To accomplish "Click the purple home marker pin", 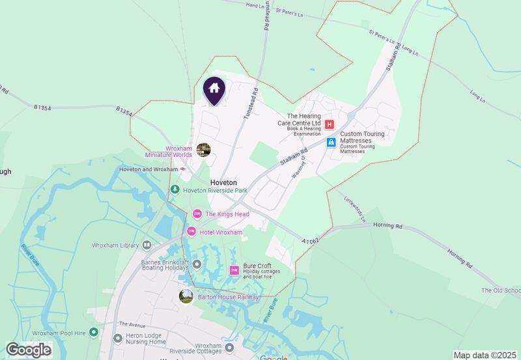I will pyautogui.click(x=214, y=90).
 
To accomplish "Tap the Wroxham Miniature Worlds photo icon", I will pyautogui.click(x=204, y=150).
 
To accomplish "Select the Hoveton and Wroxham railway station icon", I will pyautogui.click(x=184, y=169).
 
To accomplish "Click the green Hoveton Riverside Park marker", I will pyautogui.click(x=175, y=189).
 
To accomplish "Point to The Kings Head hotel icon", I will pyautogui.click(x=197, y=214).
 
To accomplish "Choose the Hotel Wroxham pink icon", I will pyautogui.click(x=191, y=232).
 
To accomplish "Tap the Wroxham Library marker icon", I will pyautogui.click(x=147, y=245).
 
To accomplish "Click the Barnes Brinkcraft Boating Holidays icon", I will pyautogui.click(x=197, y=264).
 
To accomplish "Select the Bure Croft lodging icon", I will pyautogui.click(x=234, y=270).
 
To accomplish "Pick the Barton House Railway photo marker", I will pyautogui.click(x=186, y=296).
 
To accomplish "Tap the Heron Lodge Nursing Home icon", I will pyautogui.click(x=118, y=338).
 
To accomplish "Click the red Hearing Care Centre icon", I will pyautogui.click(x=330, y=124).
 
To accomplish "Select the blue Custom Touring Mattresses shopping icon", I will pyautogui.click(x=331, y=142).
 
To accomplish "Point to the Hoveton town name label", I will pyautogui.click(x=223, y=183).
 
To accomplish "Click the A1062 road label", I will pyautogui.click(x=311, y=241).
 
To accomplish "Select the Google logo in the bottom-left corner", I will pyautogui.click(x=28, y=350).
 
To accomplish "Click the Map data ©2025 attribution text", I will pyautogui.click(x=486, y=355).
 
